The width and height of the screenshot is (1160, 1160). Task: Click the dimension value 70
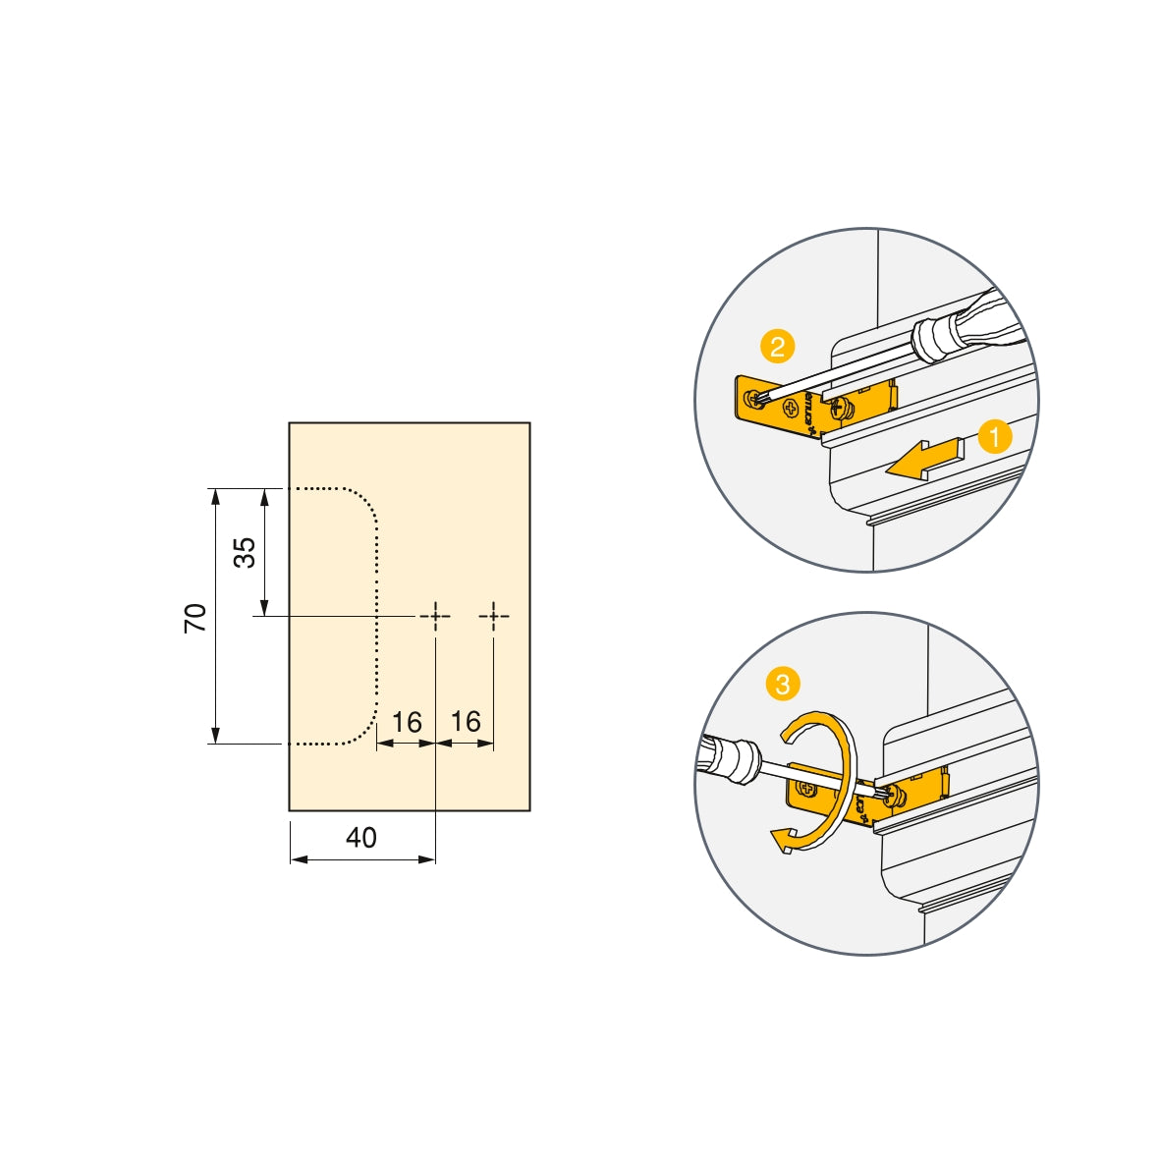click(x=195, y=617)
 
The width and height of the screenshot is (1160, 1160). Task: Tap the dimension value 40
click(x=361, y=838)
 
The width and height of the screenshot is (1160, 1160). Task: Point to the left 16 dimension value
click(x=407, y=723)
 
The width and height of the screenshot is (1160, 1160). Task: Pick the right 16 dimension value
click(x=466, y=722)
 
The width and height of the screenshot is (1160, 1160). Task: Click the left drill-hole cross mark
click(x=434, y=616)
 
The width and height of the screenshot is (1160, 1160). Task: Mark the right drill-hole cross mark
click(x=494, y=616)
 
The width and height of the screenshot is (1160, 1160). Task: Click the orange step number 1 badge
click(x=995, y=437)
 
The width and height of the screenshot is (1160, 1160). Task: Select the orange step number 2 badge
click(x=777, y=347)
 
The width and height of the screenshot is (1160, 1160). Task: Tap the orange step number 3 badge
click(x=782, y=685)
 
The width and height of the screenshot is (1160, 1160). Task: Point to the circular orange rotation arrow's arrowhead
click(x=783, y=841)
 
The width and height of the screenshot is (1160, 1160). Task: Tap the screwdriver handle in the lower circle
click(x=728, y=759)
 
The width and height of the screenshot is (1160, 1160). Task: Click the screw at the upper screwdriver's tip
click(x=757, y=398)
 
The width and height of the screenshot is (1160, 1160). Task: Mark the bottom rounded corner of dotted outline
click(x=364, y=732)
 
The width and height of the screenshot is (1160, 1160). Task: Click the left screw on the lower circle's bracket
click(x=807, y=788)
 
